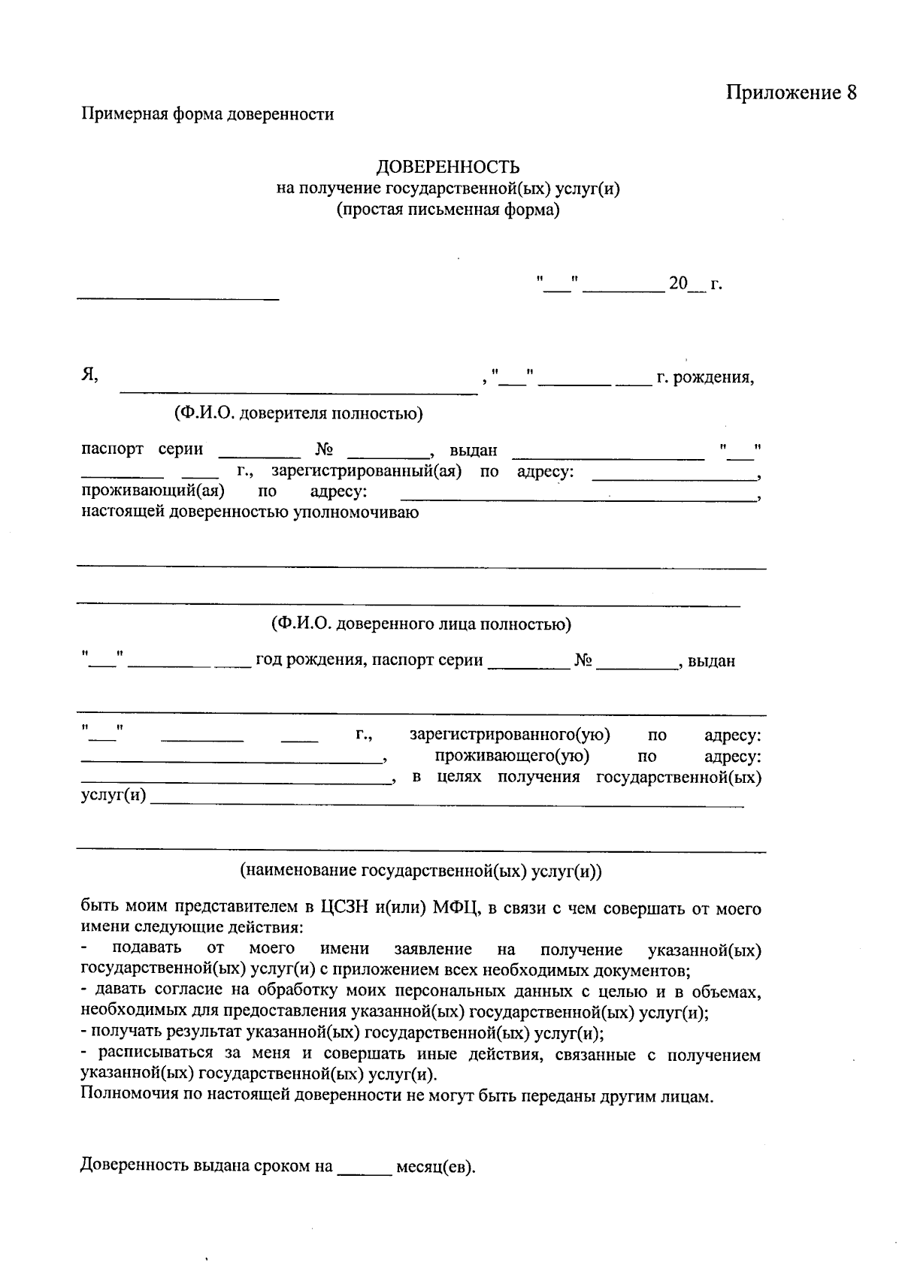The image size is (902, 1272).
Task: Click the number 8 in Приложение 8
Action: pos(851,92)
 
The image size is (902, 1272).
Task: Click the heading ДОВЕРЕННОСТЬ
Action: pos(448,167)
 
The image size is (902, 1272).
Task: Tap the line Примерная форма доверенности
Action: pos(207,115)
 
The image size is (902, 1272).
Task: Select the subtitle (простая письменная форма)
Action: pos(448,210)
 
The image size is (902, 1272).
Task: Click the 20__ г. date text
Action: pos(695,284)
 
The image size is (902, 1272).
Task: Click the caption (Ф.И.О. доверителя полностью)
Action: pos(298,413)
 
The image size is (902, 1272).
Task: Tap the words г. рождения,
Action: pos(705,377)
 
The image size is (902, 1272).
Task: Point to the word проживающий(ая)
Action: pos(154,492)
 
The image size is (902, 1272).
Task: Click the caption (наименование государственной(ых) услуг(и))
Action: pos(421,872)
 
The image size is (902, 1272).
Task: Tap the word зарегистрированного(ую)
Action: pos(510,734)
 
